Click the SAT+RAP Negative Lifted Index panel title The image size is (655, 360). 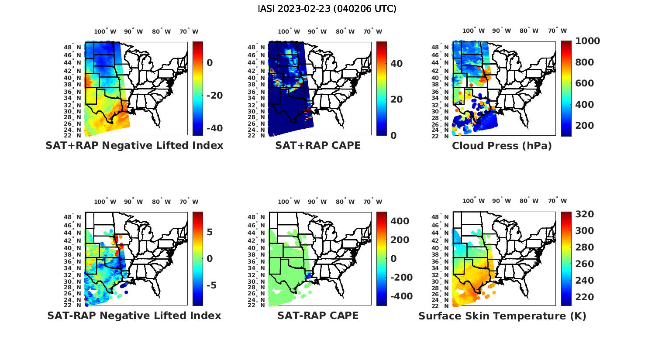[x=134, y=145]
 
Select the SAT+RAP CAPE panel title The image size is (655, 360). [x=318, y=145]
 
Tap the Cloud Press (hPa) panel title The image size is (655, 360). [x=502, y=146]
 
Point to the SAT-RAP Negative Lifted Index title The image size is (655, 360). [x=134, y=315]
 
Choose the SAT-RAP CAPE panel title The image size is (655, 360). [x=318, y=315]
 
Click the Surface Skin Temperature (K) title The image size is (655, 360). [x=502, y=316]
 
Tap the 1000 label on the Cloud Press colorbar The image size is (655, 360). [x=587, y=41]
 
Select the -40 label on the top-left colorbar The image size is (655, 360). [x=214, y=128]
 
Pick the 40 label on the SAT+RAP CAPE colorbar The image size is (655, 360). [x=396, y=64]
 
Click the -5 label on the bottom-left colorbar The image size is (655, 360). [x=211, y=285]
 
